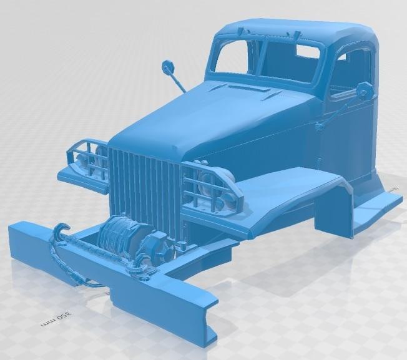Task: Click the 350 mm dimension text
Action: (63, 318)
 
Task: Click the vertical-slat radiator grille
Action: (145, 187)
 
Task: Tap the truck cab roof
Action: (293, 31)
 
